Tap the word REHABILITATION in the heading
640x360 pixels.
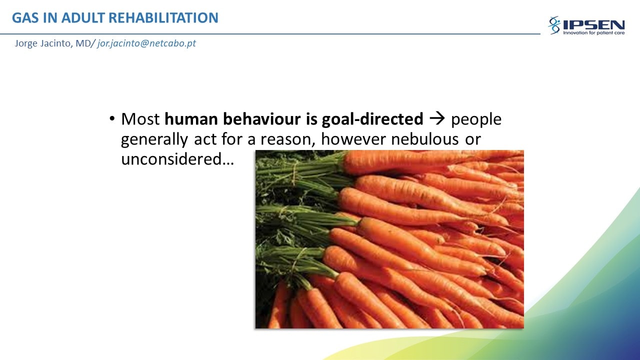[163, 17]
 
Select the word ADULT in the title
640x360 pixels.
[83, 17]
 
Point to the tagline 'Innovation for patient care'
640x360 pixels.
[593, 33]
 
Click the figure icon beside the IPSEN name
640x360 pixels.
[554, 25]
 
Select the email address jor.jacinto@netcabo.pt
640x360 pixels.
[146, 43]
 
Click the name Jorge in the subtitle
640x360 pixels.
[26, 43]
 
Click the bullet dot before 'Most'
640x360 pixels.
[112, 118]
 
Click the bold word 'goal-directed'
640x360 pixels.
[372, 119]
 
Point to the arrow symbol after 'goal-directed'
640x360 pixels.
[437, 118]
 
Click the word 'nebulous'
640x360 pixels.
[424, 139]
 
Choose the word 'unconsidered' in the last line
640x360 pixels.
[171, 159]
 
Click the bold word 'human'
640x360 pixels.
[191, 119]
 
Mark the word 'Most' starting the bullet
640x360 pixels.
[140, 119]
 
